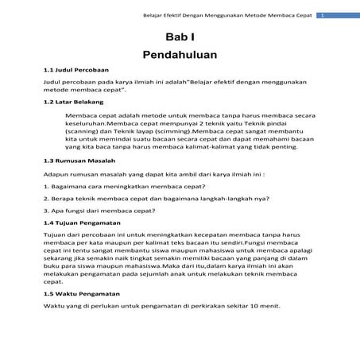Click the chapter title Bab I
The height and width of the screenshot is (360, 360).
tap(180, 37)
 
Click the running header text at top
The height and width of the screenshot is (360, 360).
tap(226, 15)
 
